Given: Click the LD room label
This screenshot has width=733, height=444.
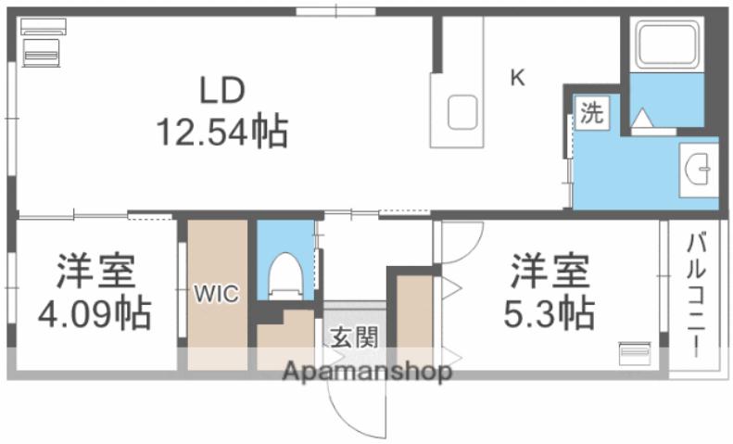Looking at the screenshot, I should pyautogui.click(x=220, y=91).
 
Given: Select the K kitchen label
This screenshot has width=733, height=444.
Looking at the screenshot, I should pyautogui.click(x=518, y=78).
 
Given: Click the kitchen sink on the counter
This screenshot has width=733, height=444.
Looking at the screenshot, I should pyautogui.click(x=461, y=113).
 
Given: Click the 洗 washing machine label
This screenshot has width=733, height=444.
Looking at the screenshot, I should pyautogui.click(x=592, y=113).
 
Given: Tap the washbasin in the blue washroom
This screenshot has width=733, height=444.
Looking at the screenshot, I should pyautogui.click(x=697, y=170).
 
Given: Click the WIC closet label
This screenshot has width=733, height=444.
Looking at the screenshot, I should pyautogui.click(x=216, y=295).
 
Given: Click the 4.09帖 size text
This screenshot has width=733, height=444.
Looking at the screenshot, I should pyautogui.click(x=95, y=316).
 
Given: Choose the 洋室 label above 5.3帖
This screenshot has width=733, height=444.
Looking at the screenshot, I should pyautogui.click(x=549, y=273).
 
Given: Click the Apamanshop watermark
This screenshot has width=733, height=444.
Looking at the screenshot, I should pyautogui.click(x=368, y=373).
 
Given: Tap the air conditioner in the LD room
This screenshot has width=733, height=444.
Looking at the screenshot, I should pyautogui.click(x=41, y=47).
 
